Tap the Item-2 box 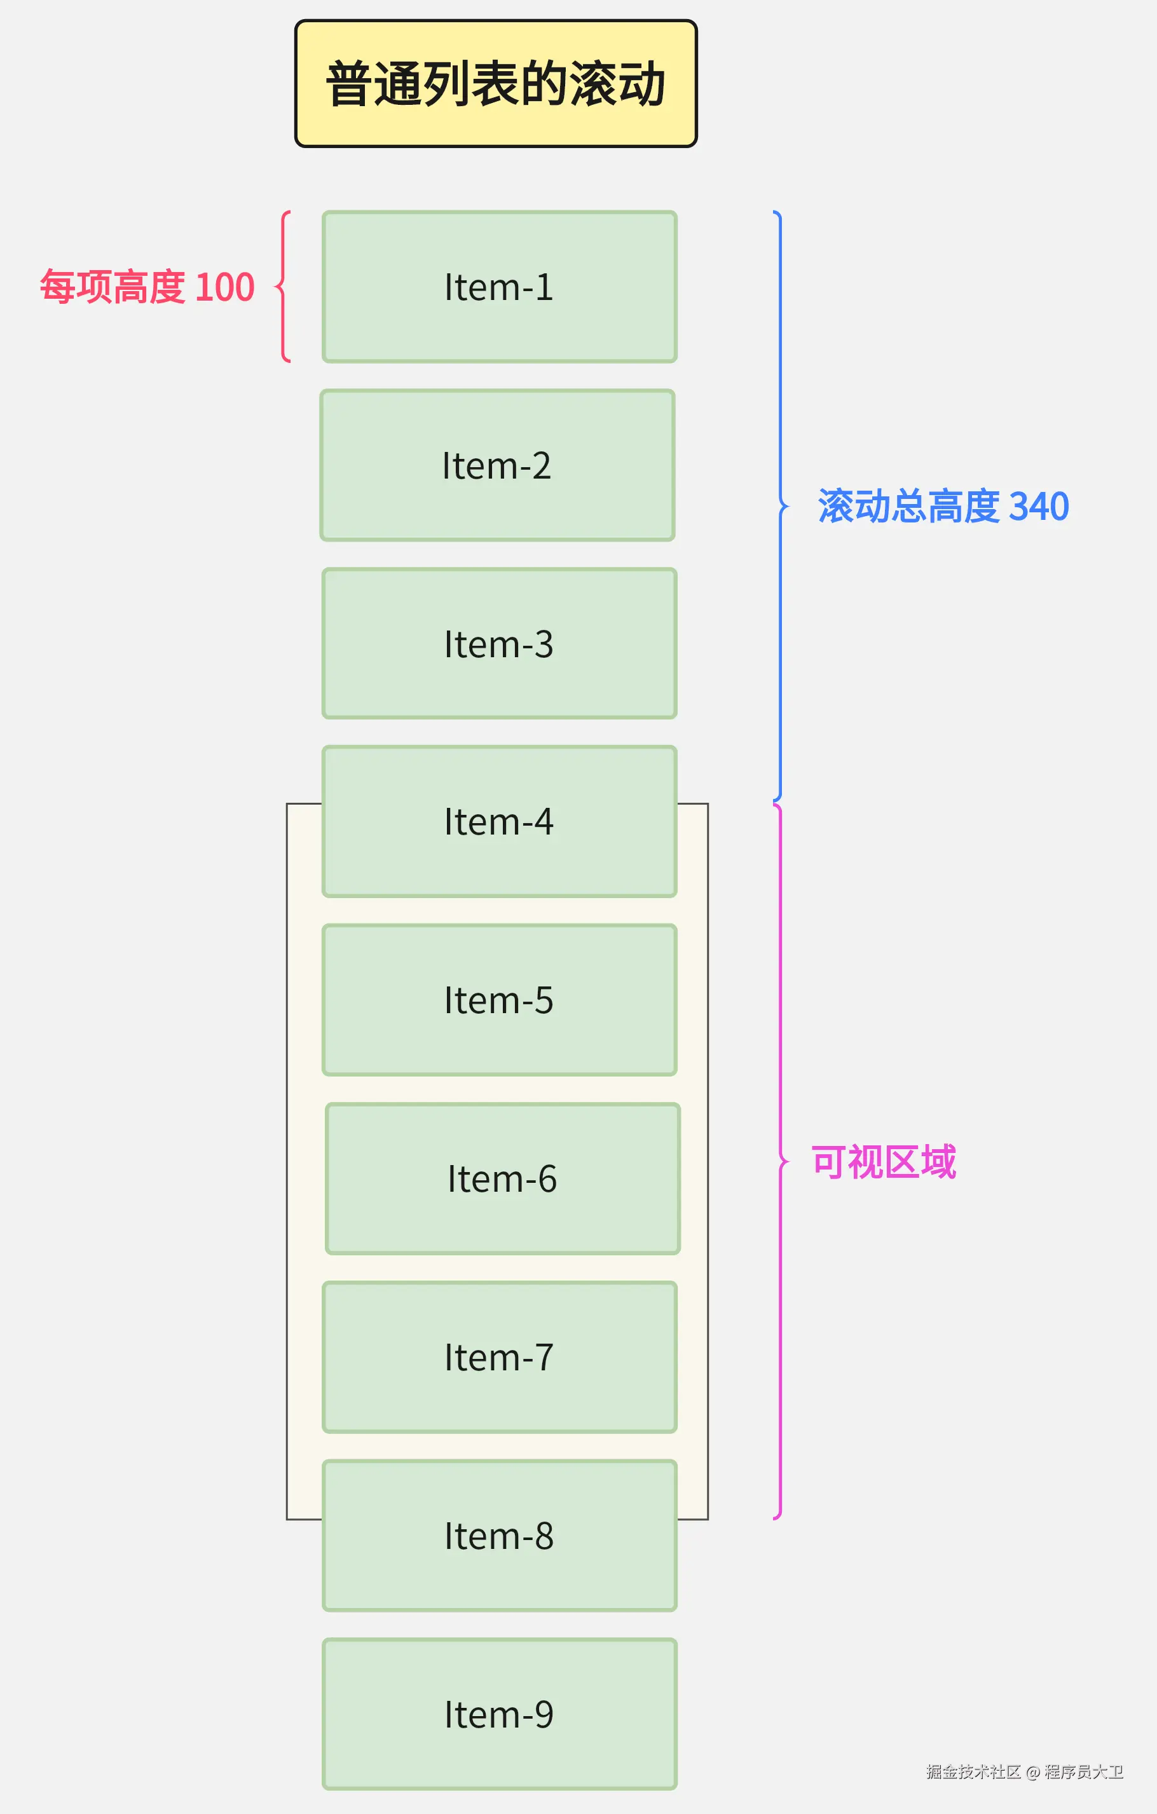[497, 465]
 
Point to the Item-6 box [502, 1179]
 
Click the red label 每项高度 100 [147, 287]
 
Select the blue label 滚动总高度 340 [943, 506]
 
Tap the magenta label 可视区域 [883, 1163]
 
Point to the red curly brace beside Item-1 [284, 287]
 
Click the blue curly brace [781, 506]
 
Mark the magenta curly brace [781, 1163]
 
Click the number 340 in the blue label [1039, 506]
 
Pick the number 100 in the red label [224, 287]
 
